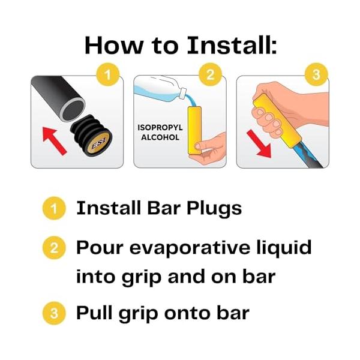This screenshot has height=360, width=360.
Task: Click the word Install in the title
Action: click(232, 45)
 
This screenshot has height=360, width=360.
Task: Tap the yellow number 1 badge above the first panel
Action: click(107, 74)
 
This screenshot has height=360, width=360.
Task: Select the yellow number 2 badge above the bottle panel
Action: click(211, 74)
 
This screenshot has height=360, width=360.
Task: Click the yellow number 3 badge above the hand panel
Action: click(316, 74)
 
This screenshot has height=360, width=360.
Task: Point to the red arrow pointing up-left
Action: click(54, 141)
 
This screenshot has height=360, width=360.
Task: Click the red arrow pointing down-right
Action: click(259, 143)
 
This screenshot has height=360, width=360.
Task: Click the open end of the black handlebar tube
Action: click(73, 110)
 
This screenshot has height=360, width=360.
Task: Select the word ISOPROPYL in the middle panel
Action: click(160, 127)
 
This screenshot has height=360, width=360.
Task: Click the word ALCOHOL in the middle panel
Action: click(160, 137)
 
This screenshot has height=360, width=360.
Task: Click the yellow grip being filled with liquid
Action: click(194, 130)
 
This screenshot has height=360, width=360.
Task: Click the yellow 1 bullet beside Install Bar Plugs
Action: click(54, 208)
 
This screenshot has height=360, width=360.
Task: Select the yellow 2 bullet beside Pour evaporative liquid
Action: click(54, 248)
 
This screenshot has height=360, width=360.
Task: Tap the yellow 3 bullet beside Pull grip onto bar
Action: click(54, 313)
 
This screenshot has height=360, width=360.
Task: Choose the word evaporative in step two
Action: click(190, 248)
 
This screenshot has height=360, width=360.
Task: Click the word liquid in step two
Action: click(284, 248)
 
